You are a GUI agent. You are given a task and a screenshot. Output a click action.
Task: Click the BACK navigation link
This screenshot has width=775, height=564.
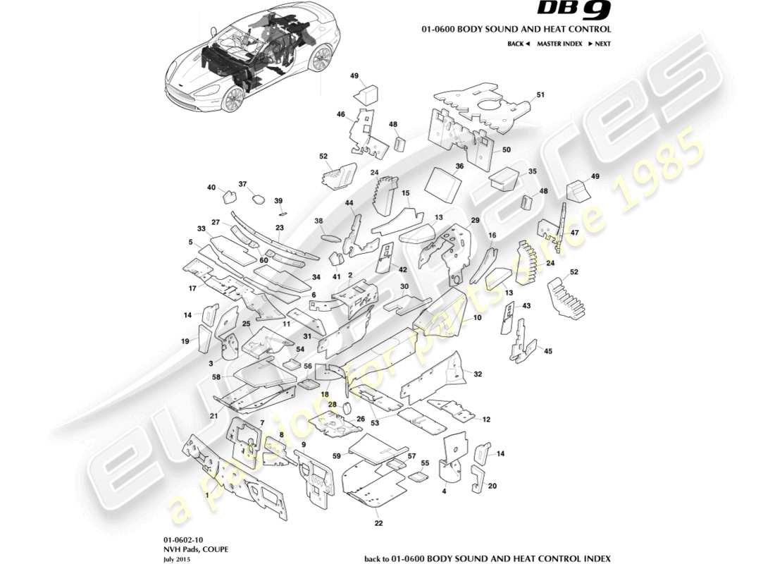coord(518,44)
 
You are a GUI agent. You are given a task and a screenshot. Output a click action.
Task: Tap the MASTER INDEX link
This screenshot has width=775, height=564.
coord(559,44)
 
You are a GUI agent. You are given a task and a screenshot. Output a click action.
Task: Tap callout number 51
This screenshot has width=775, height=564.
coord(540,94)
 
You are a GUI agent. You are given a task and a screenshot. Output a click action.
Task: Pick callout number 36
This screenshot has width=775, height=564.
coord(459,166)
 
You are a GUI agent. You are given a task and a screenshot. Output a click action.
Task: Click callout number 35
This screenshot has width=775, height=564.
coord(533,171)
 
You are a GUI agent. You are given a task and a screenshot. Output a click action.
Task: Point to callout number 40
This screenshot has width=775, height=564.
coord(211,188)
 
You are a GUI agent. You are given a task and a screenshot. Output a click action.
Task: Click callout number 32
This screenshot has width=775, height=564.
coord(478,374)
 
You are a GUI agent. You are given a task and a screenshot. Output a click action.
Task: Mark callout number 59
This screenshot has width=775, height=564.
coord(337,456)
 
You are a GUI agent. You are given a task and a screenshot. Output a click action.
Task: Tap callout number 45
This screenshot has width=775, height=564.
coord(548,350)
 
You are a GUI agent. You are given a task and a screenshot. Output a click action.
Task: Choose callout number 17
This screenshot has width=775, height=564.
coord(192,288)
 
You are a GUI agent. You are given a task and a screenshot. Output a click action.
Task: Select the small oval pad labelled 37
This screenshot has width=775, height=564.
coord(258,199)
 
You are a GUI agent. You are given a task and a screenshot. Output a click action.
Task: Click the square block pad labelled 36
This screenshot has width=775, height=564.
coord(442,182)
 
